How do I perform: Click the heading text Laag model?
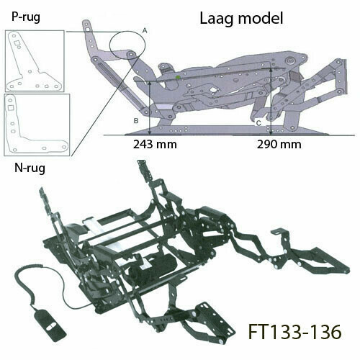coord(241,19)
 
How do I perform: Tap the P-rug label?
coord(26,17)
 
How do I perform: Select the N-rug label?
coord(30,168)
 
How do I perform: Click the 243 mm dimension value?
coord(155,145)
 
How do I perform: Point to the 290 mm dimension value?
coord(279,145)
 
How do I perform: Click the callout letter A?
coord(145,31)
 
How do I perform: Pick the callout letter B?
coord(136,121)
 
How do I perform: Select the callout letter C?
coord(258,123)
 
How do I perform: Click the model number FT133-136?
coord(294,332)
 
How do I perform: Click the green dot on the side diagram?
coord(178,77)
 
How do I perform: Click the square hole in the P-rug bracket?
coord(17,43)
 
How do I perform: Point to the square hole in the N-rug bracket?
coord(10,108)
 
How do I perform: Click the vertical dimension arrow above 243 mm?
coord(150,108)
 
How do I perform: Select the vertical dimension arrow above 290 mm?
coord(271,102)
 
